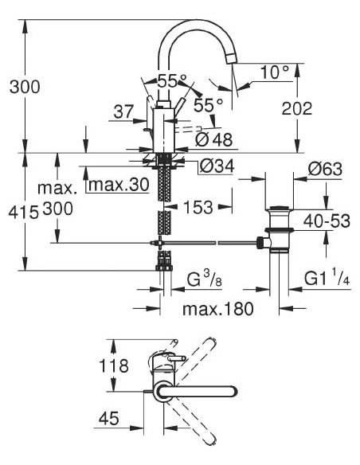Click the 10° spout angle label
pos(274,72)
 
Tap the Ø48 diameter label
pos(213,139)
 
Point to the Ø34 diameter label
pos(213,166)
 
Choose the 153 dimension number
pos(196,207)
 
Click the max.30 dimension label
pos(118,186)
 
